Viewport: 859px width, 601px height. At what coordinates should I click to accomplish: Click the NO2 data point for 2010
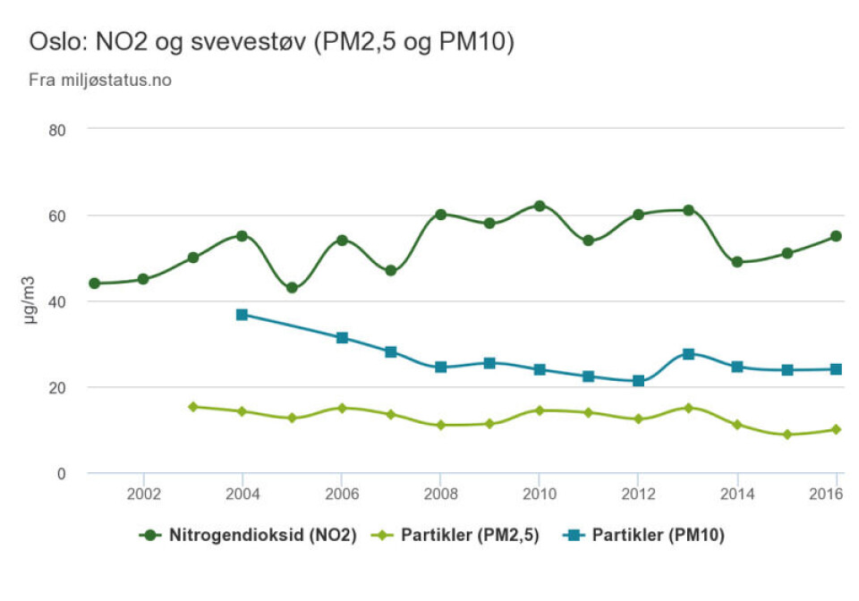(x=540, y=206)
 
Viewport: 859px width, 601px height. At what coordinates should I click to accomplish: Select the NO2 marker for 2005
(x=292, y=288)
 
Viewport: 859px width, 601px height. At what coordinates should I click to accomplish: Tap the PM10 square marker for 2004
(x=242, y=315)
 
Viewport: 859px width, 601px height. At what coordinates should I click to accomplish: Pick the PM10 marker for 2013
(x=688, y=354)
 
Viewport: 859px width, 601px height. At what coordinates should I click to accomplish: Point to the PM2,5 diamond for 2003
(x=192, y=407)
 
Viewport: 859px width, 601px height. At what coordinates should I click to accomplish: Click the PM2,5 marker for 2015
(x=787, y=435)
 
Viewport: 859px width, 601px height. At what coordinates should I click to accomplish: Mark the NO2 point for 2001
(x=94, y=284)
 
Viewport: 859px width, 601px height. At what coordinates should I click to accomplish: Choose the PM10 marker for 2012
(x=638, y=381)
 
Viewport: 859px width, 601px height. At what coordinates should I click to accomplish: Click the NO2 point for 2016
(x=836, y=236)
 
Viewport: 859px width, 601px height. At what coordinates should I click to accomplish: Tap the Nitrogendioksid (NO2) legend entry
(x=248, y=536)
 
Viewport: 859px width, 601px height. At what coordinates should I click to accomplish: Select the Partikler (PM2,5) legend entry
(x=459, y=536)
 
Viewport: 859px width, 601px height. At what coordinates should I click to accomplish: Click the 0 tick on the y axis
(x=62, y=473)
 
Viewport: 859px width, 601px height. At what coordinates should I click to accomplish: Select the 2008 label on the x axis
(x=440, y=494)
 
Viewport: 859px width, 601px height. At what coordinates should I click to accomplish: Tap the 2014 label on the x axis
(x=737, y=494)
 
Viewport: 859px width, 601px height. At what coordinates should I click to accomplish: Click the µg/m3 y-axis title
(x=30, y=300)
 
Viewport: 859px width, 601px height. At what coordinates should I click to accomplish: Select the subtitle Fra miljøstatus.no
(x=100, y=80)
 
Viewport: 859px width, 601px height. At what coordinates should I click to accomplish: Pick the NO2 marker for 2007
(x=390, y=270)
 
